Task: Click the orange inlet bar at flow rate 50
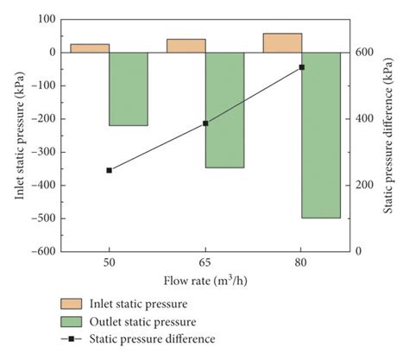click(90, 48)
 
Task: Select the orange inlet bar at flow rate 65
click(186, 46)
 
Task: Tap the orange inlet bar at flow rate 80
click(282, 43)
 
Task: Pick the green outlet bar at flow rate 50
click(129, 89)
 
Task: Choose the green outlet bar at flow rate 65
click(224, 110)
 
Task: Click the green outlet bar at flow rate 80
click(321, 135)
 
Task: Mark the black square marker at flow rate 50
click(110, 170)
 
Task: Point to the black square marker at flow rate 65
click(205, 123)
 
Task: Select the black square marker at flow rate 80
click(302, 67)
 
